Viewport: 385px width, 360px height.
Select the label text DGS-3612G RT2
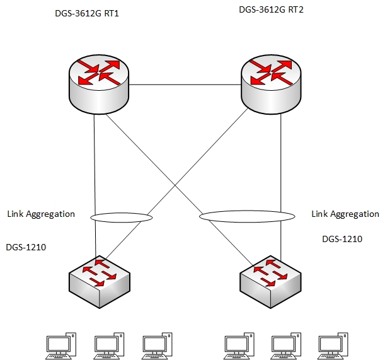[x=270, y=9]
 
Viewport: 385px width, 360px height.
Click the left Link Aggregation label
[x=41, y=214]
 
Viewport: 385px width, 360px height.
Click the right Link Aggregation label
[x=345, y=214]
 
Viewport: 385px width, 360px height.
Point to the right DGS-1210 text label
[x=342, y=239]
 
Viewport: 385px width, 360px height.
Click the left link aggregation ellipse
[x=121, y=218]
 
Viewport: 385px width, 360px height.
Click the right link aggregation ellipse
[x=247, y=217]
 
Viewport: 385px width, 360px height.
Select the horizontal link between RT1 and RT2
[x=186, y=85]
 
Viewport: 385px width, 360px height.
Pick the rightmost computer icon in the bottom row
[x=331, y=344]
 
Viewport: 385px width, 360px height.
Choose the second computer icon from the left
[x=108, y=344]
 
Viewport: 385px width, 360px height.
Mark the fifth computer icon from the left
[x=285, y=344]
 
